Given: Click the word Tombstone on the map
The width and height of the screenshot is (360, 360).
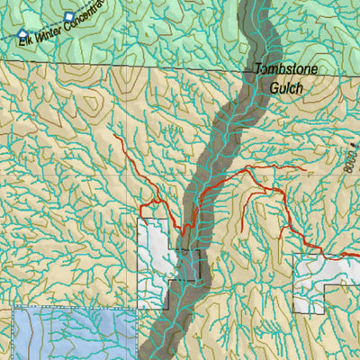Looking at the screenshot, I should tap(282, 69).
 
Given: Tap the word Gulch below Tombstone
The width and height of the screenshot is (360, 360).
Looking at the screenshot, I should tap(287, 88).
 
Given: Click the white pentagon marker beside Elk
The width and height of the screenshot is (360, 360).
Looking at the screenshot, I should tap(23, 34).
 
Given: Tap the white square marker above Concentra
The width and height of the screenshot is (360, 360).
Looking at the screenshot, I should tap(69, 17).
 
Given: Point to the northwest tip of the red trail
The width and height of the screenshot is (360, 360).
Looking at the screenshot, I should tap(116, 137).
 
